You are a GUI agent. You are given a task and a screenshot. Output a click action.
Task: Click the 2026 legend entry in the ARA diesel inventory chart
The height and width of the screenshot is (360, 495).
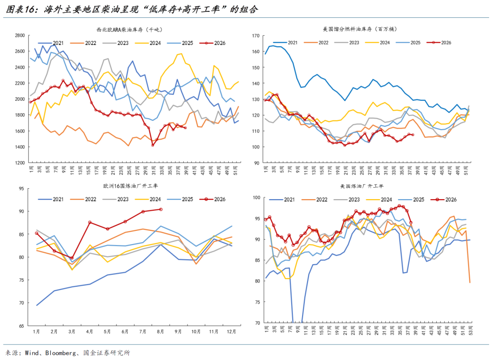[213, 43]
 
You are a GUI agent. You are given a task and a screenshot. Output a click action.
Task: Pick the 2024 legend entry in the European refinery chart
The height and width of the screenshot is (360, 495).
[148, 199]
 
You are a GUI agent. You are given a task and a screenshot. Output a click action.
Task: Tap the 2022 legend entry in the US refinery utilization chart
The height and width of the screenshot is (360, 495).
[314, 200]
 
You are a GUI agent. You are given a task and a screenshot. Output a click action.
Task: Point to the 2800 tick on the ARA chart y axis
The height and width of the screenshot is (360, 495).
[20, 35]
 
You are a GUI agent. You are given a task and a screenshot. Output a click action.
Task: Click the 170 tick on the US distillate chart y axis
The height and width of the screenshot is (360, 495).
[256, 36]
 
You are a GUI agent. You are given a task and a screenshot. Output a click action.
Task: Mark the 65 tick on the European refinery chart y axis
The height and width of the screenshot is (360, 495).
[21, 326]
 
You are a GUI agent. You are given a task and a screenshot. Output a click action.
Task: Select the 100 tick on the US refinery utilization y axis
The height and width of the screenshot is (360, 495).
[256, 197]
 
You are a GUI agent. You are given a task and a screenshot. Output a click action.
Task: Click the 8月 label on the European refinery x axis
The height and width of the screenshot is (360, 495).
[160, 332]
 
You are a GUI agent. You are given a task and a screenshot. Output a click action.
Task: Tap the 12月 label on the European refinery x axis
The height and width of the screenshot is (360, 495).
[231, 332]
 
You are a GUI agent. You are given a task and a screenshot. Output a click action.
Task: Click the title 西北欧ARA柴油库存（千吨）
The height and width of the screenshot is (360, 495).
[129, 30]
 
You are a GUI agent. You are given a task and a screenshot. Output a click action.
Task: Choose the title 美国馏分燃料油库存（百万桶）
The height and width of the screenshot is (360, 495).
[360, 29]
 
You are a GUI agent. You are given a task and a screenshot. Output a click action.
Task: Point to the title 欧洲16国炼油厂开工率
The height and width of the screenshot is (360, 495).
[130, 186]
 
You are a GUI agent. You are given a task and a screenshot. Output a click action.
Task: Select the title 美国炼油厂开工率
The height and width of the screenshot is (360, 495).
[362, 186]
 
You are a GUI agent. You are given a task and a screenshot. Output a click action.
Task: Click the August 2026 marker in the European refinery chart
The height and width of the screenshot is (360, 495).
[161, 209]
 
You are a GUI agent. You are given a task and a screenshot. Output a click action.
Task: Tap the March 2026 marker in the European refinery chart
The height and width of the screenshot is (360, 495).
[72, 258]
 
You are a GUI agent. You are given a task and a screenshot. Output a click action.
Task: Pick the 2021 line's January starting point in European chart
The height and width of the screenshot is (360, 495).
[37, 305]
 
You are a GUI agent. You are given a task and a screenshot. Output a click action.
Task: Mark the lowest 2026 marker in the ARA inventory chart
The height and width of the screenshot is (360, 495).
[153, 145]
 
